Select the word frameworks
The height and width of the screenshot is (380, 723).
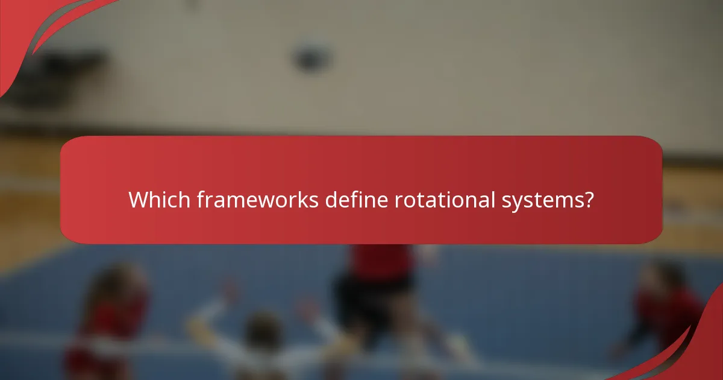(258, 200)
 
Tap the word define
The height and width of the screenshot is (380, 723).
(357, 200)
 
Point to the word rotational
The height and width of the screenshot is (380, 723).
(445, 200)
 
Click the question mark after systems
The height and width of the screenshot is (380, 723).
(589, 200)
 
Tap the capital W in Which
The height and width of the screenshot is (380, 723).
(139, 200)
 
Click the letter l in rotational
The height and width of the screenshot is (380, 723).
(493, 200)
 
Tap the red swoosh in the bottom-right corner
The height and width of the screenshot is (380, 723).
(699, 350)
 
